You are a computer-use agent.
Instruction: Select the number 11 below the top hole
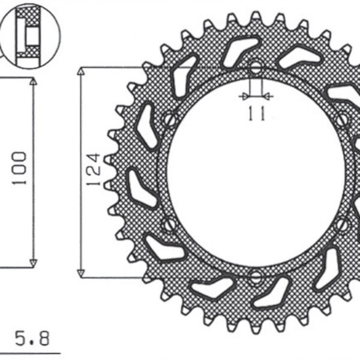coord(256,113)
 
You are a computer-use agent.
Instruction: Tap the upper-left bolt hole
coord(170,119)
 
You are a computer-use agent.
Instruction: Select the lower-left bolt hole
coord(169,226)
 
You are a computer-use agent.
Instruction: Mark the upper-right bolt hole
coord(343,119)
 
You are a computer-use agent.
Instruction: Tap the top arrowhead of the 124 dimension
coord(81,72)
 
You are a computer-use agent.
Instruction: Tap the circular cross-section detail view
coord(31,37)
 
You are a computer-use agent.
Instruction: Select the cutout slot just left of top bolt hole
coord(239,50)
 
